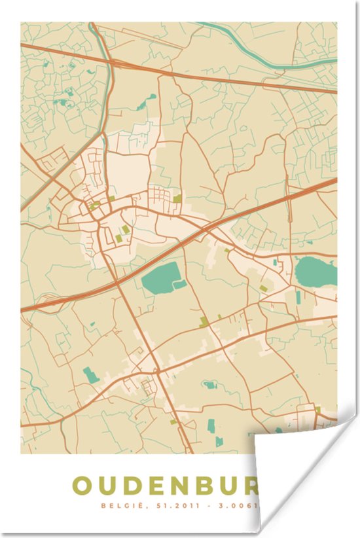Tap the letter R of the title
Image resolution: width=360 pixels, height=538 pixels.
(x=252, y=486)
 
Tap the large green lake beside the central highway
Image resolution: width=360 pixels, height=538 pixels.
(x=159, y=277)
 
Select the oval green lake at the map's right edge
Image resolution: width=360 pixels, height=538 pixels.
(x=315, y=271)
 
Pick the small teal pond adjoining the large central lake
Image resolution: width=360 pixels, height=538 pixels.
(x=179, y=285)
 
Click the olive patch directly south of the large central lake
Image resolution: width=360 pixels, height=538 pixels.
(x=204, y=321)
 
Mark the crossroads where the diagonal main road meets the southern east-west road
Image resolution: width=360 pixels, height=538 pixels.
(x=158, y=372)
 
